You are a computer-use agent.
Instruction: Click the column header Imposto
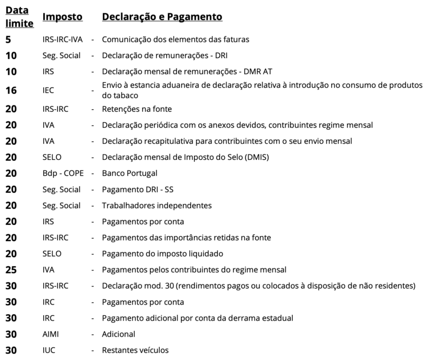tap(62, 17)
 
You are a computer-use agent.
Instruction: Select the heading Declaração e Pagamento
tap(162, 17)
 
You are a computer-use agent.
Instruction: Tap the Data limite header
tap(20, 17)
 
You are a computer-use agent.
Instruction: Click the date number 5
tap(8, 39)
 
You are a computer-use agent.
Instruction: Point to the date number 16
tap(11, 91)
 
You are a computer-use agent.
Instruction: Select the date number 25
tap(11, 269)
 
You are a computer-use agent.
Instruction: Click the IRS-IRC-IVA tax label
tap(63, 39)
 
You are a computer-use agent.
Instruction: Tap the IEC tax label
tap(49, 91)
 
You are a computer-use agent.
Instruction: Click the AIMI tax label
tap(51, 334)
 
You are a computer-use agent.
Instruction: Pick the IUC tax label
tap(49, 350)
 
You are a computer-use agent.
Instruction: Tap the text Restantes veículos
tap(135, 350)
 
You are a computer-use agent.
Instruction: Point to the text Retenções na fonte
tap(137, 109)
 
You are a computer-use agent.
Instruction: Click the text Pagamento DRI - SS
tap(135, 189)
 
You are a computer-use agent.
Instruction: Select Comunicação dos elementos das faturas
tap(175, 39)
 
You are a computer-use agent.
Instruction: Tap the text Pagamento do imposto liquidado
tap(162, 253)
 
